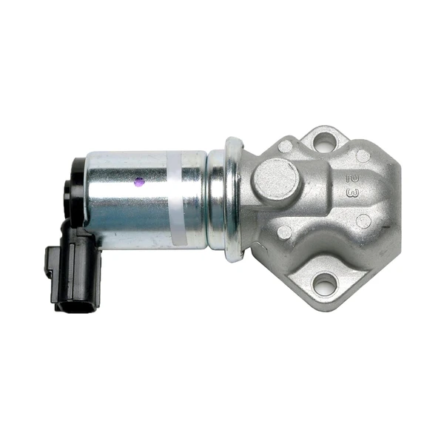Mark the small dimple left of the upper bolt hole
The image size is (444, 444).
[x=285, y=147]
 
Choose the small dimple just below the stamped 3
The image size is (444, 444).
[x=362, y=220]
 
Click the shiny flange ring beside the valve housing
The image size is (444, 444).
[x=234, y=198]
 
